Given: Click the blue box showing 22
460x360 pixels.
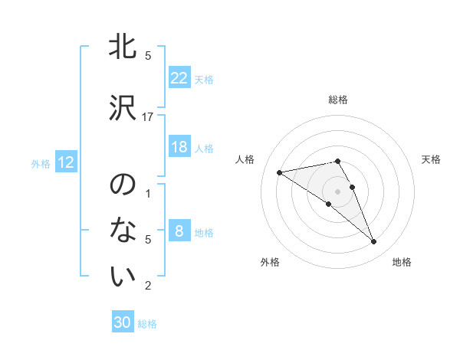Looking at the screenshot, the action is [179, 78].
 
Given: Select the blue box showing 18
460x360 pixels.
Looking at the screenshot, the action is [179, 147].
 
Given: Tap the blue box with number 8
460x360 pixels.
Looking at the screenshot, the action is [179, 231].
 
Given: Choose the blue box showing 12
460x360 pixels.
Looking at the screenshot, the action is [66, 162].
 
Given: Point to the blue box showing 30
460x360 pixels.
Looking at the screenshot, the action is [123, 322].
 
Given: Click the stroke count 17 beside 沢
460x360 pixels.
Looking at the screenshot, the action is [148, 116].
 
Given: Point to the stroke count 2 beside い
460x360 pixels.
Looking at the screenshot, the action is [148, 286].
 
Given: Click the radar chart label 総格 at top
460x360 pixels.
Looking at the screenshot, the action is [338, 100].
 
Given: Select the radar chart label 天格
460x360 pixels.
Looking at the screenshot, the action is [432, 159].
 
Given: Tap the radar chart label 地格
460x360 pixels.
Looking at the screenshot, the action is [402, 263].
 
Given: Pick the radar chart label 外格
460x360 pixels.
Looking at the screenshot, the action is [270, 263].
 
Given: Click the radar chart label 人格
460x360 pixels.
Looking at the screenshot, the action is [245, 159].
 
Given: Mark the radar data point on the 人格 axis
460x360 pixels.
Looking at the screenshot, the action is [279, 172].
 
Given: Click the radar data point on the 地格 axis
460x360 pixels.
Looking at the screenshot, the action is [373, 241].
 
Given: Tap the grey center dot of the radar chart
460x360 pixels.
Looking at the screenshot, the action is [338, 191].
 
